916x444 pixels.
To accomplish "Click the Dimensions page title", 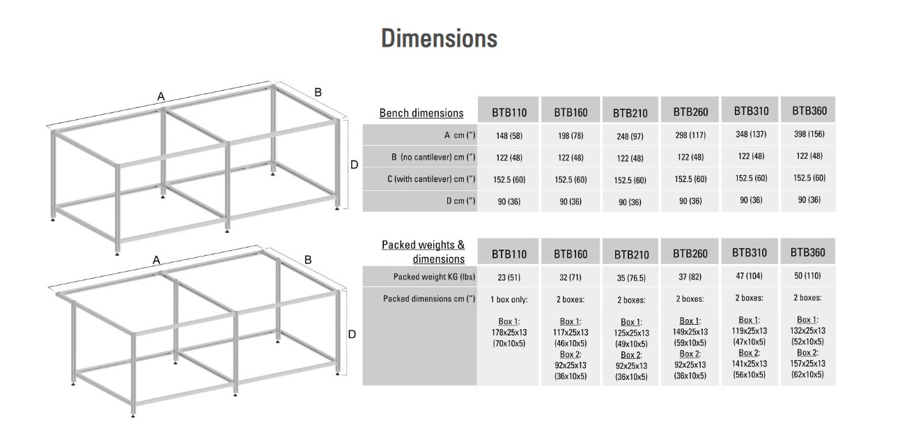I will pyautogui.click(x=439, y=38).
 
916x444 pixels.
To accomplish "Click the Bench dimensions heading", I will pyautogui.click(x=421, y=113).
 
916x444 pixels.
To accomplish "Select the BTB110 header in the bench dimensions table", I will pyautogui.click(x=509, y=112).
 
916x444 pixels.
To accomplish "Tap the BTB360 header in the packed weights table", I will pyautogui.click(x=808, y=252).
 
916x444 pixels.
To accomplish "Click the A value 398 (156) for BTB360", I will pyautogui.click(x=808, y=134).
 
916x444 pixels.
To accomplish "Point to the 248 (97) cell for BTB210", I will pyautogui.click(x=630, y=137).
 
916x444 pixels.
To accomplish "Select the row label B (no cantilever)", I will pyautogui.click(x=433, y=157).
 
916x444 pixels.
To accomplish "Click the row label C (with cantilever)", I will pyautogui.click(x=431, y=179).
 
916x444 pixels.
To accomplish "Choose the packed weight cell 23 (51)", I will pyautogui.click(x=509, y=277).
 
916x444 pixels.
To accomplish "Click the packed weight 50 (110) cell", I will pyautogui.click(x=808, y=275).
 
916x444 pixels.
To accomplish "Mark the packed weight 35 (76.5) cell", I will pyautogui.click(x=630, y=278).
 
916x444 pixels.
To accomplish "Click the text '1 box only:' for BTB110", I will pyautogui.click(x=509, y=299).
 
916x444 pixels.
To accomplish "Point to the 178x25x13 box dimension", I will pyautogui.click(x=509, y=332).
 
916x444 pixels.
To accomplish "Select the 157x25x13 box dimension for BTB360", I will pyautogui.click(x=808, y=363).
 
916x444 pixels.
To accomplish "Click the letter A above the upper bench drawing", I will pyautogui.click(x=161, y=97).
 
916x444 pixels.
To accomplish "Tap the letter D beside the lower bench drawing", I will pyautogui.click(x=352, y=334).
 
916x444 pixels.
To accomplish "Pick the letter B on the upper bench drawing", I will pyautogui.click(x=318, y=92).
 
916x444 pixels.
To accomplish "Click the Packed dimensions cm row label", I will pyautogui.click(x=429, y=299).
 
